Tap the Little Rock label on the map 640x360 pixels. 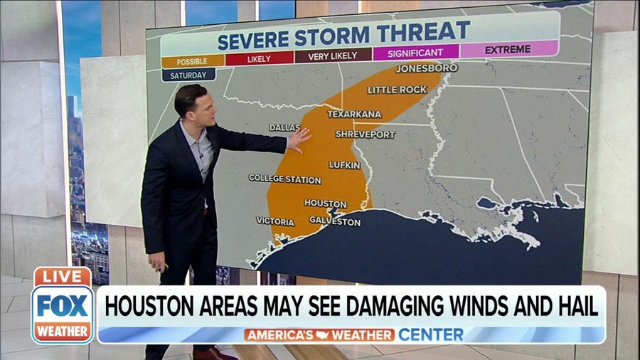pos(397,90)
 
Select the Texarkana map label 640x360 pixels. pos(354,114)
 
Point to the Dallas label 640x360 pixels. pos(284,127)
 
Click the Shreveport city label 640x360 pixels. pos(365,134)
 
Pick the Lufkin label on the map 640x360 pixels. pos(344,165)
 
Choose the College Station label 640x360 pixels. pos(284,179)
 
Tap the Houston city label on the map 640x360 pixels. pos(325,203)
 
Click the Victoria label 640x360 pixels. pos(275,222)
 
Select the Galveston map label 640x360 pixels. pos(335,222)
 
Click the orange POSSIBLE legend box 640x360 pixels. pos(192,60)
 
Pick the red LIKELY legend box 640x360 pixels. pos(259,58)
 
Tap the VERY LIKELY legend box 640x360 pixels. pos(334,55)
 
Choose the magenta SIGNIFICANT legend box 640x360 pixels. pos(415,52)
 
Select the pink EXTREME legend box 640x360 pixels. pos(508,49)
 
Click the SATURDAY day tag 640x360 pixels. pos(188,75)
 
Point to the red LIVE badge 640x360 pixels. pos(63,277)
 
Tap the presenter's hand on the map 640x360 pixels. pos(299,139)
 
